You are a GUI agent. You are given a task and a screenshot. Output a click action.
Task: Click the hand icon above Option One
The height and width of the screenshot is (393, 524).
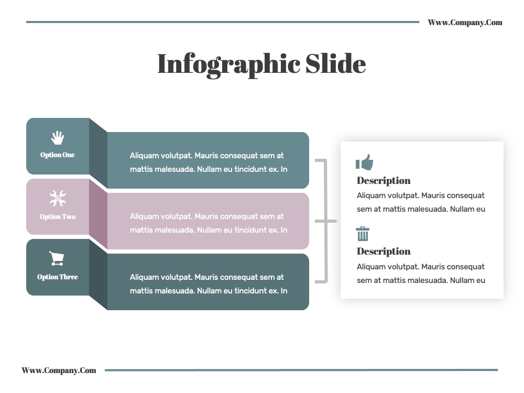coord(58,138)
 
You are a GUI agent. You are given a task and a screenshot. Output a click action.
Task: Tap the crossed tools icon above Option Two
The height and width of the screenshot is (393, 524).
coord(58,198)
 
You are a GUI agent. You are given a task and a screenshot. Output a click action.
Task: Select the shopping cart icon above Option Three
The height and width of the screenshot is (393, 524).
coord(57,258)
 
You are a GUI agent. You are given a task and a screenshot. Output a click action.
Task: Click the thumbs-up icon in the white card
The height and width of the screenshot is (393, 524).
coord(364,162)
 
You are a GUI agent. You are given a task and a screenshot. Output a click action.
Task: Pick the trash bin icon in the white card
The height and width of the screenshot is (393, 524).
coord(363,234)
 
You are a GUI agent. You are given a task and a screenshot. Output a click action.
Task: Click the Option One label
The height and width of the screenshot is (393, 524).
coord(58,155)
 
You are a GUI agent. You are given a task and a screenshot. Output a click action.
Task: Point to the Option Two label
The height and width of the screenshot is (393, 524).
coord(58,216)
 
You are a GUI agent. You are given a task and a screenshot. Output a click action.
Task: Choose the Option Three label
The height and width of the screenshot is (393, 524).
coord(58,277)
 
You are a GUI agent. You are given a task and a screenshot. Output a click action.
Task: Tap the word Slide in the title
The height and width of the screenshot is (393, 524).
coord(335,63)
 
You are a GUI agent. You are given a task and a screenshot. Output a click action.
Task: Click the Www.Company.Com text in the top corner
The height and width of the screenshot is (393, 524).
coord(465,23)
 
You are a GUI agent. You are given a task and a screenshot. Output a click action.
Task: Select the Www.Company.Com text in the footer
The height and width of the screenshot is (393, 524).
coord(59,370)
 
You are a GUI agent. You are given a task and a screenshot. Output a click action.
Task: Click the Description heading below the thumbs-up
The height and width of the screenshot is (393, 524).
coord(384,181)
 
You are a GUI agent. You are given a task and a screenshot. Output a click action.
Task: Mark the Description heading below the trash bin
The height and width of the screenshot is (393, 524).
coord(384,252)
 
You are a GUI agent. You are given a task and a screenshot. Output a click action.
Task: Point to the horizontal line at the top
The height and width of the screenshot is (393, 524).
coord(223,22)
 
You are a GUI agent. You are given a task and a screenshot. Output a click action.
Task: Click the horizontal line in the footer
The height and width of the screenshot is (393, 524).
coord(301,370)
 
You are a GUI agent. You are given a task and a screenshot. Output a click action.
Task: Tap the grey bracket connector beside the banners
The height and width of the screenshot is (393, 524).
coord(326,221)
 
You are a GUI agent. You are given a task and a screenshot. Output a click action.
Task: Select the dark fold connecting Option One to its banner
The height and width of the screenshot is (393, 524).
coord(99,153)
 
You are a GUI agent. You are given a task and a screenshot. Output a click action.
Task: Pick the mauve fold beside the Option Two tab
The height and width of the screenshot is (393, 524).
coord(99,214)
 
